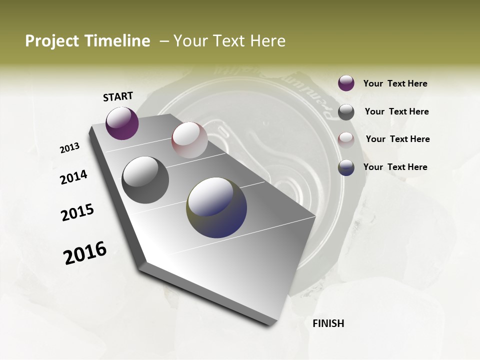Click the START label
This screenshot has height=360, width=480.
118,96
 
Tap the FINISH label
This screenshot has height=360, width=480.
328,323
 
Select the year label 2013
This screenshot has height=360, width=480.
69,147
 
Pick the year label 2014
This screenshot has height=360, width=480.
73,177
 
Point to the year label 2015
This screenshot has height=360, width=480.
77,212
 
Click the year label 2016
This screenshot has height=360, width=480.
85,253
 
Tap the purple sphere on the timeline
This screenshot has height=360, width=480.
122,123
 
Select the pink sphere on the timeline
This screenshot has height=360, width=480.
189,140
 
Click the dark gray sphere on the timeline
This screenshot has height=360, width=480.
145,180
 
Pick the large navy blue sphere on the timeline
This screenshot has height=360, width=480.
216,207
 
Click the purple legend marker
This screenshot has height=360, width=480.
346,83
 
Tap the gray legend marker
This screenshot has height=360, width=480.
346,112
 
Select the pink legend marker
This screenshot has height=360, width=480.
346,139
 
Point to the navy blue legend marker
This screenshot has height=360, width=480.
346,167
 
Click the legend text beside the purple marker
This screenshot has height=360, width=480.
395,83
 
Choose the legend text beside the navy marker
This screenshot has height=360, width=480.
395,167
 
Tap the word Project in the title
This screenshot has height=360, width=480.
51,41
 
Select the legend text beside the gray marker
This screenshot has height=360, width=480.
396,111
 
